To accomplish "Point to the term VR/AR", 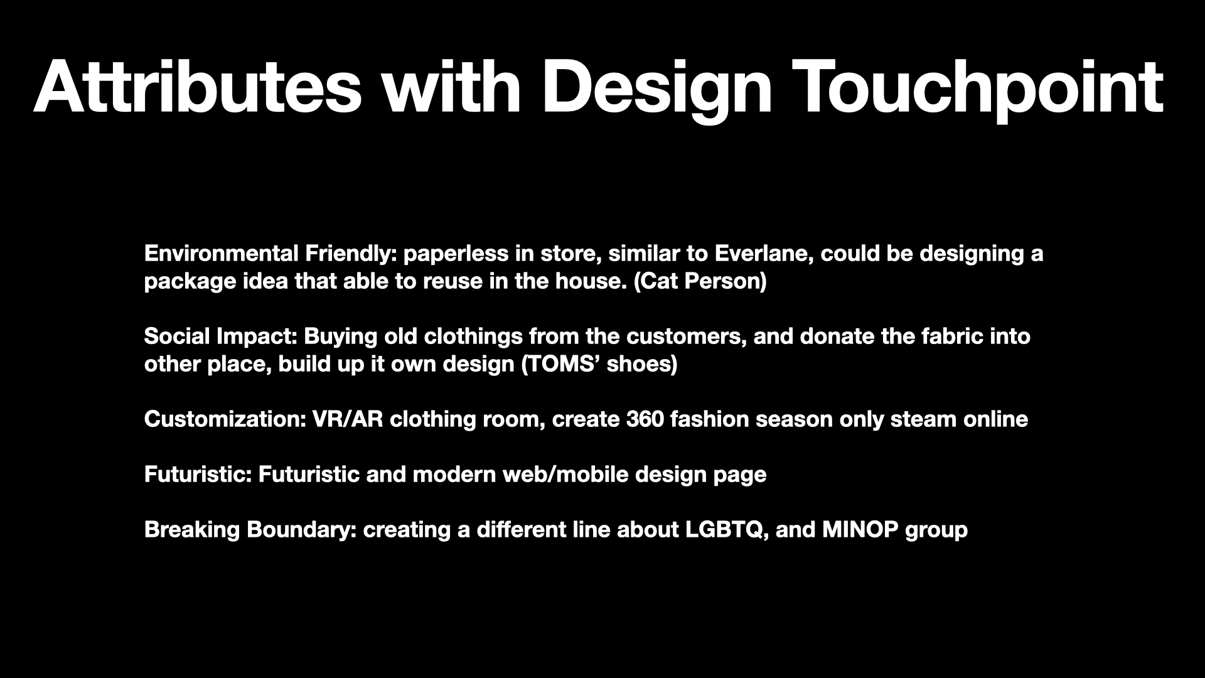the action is point(348,419).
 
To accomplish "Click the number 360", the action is point(645,419).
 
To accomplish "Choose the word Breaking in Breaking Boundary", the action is point(193,530).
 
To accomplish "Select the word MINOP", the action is point(860,530).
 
